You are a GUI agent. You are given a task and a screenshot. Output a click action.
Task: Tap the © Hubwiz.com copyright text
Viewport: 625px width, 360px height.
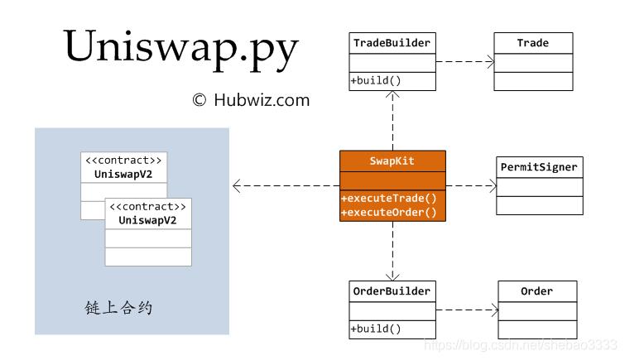[250, 100]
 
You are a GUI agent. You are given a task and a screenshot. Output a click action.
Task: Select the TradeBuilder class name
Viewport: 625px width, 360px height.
[392, 43]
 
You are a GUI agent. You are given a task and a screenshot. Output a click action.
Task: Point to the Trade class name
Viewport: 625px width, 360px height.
[533, 43]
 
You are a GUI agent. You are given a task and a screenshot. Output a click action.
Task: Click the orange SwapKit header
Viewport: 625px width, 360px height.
[392, 161]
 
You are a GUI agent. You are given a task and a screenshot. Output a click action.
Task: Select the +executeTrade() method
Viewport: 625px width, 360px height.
[388, 199]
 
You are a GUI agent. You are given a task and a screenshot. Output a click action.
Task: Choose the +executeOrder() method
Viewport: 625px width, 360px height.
[388, 213]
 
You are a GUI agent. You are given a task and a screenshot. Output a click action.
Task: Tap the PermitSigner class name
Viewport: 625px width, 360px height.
[539, 167]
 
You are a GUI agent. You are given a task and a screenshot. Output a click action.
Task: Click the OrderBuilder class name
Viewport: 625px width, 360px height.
[392, 291]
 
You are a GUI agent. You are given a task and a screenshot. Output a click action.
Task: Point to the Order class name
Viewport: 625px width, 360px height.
[536, 291]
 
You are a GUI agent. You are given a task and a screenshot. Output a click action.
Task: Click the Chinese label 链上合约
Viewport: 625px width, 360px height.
[118, 308]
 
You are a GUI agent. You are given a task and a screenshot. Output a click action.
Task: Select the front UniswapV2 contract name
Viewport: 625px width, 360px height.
[147, 220]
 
